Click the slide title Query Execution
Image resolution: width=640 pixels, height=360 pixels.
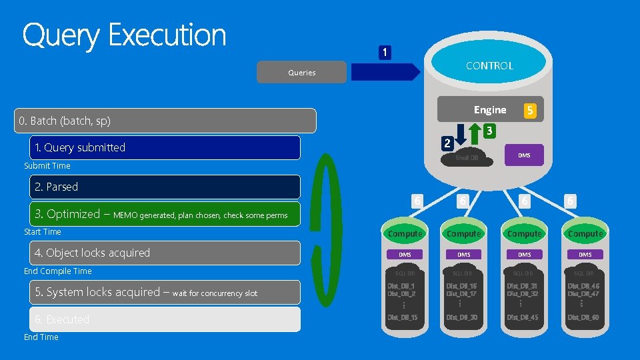tap(125, 35)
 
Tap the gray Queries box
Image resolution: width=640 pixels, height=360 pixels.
tap(302, 72)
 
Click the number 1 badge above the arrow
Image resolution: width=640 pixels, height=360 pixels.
tap(385, 52)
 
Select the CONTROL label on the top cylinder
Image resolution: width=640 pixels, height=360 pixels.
tap(489, 65)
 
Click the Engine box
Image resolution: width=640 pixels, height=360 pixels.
tap(489, 109)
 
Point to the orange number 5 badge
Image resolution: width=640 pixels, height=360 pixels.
tap(530, 111)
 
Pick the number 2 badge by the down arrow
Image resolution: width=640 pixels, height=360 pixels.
tap(448, 143)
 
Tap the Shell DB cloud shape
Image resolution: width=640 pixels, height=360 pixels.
tap(467, 157)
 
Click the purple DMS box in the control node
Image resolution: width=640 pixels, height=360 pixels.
tap(524, 155)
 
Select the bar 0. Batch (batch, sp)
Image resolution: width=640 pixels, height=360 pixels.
tap(167, 121)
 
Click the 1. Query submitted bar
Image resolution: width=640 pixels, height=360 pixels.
tap(167, 147)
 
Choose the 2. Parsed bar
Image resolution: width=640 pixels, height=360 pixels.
tap(167, 187)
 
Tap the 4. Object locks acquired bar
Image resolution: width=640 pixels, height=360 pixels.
tap(167, 253)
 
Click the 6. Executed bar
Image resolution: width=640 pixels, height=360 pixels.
tap(167, 319)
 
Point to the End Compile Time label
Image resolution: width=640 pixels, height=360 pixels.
tap(58, 271)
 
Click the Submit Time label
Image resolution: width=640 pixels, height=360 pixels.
tap(47, 166)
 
